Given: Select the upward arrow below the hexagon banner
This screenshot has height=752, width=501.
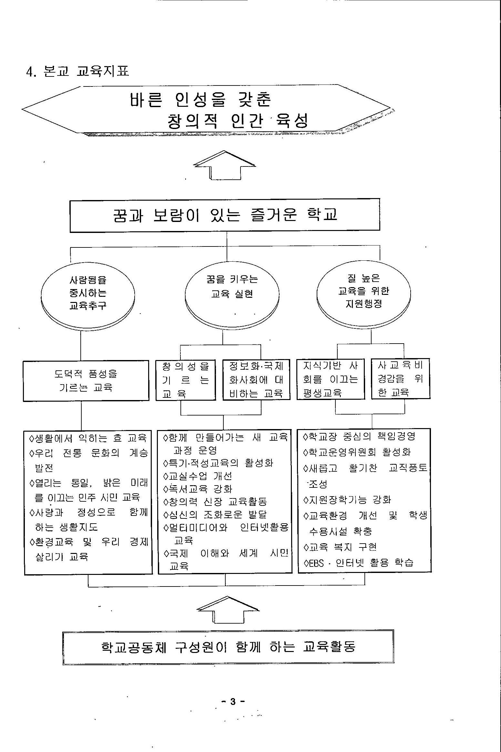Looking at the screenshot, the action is tap(225, 165).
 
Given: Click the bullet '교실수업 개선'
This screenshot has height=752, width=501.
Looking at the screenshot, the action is tap(198, 476).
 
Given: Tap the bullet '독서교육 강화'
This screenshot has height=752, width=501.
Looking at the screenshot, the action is tap(198, 489).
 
